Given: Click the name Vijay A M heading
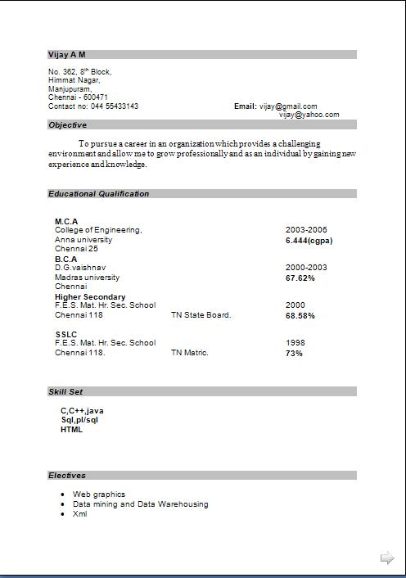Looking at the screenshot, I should coord(67,54).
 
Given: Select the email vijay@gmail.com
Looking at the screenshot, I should coord(288,106).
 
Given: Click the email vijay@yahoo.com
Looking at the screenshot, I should coord(309,115).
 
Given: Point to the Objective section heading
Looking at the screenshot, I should coord(68,125).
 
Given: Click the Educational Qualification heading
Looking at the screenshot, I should coord(99,194).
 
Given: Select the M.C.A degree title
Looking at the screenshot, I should coord(66,221).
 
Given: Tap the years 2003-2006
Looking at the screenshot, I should coord(306,230).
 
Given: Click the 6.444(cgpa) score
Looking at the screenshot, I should coord(309,241).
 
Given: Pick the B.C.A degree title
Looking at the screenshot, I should coord(65,259).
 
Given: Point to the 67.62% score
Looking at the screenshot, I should coord(300,278).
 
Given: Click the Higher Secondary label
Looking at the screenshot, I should coord(90,296).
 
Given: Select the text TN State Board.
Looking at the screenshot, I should coord(201,315).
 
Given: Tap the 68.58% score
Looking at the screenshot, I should coord(300,315).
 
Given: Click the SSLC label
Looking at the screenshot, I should coord(66,334).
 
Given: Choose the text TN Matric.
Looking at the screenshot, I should coord(190,353).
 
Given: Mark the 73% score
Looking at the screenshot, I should coord(294,353).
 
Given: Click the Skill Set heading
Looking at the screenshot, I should coord(65,392).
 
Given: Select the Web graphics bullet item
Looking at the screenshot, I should coord(99,494).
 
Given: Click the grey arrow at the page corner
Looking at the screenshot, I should coord(387,558).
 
